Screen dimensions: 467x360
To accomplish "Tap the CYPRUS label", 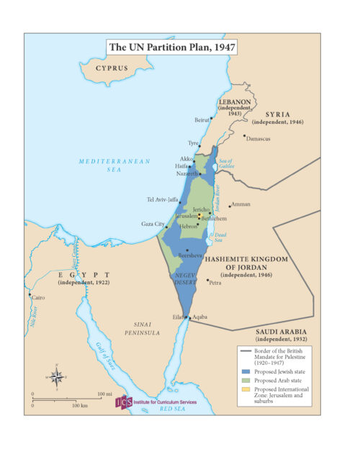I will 112,68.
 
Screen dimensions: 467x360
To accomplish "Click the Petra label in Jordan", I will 216,283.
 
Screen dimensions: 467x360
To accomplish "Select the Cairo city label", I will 38,297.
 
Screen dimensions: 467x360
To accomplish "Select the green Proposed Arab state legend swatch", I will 246,381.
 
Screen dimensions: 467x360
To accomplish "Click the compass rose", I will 57,376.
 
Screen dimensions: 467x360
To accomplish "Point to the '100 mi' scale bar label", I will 105,394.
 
